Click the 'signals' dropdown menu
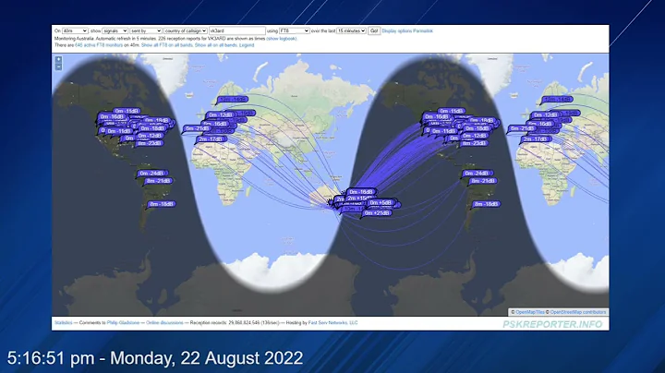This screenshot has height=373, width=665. (x=115, y=30)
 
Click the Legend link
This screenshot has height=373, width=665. (x=247, y=44)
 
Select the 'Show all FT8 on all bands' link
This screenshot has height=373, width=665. (x=166, y=44)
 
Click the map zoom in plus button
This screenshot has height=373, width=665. (x=58, y=60)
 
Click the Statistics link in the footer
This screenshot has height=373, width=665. (x=64, y=322)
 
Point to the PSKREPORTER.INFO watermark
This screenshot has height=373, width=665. (x=551, y=324)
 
